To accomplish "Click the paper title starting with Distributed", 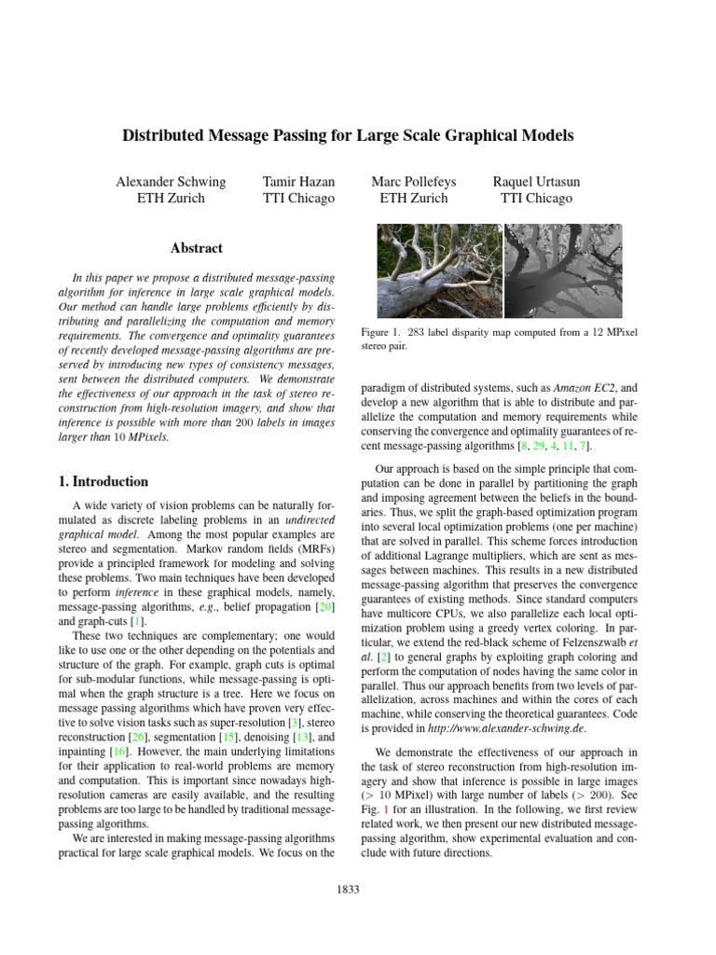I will [x=348, y=136].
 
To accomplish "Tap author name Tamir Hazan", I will [x=298, y=181].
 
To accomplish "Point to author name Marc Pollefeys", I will [x=414, y=181].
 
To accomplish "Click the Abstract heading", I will [x=197, y=248].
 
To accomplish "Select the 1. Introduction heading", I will [x=98, y=482].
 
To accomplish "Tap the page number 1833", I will [x=348, y=890].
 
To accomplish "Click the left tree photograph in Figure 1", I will [x=439, y=270].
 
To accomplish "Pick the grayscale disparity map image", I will [x=567, y=270].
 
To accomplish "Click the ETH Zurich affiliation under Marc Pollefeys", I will [x=414, y=198].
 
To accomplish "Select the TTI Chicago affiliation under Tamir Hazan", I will [x=298, y=198].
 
